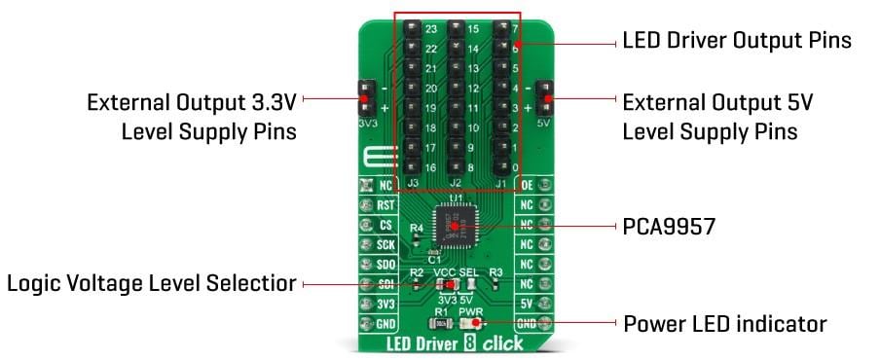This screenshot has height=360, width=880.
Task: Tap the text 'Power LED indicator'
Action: [x=725, y=324]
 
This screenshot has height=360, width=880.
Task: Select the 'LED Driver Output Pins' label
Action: [x=737, y=41]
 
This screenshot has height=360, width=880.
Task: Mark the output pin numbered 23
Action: [x=410, y=29]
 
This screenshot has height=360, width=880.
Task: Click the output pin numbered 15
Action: [x=455, y=29]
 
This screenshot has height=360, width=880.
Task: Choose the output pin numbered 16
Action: [x=410, y=167]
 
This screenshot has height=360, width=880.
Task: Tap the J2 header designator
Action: [x=454, y=182]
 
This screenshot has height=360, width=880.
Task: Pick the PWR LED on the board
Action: [x=479, y=323]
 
